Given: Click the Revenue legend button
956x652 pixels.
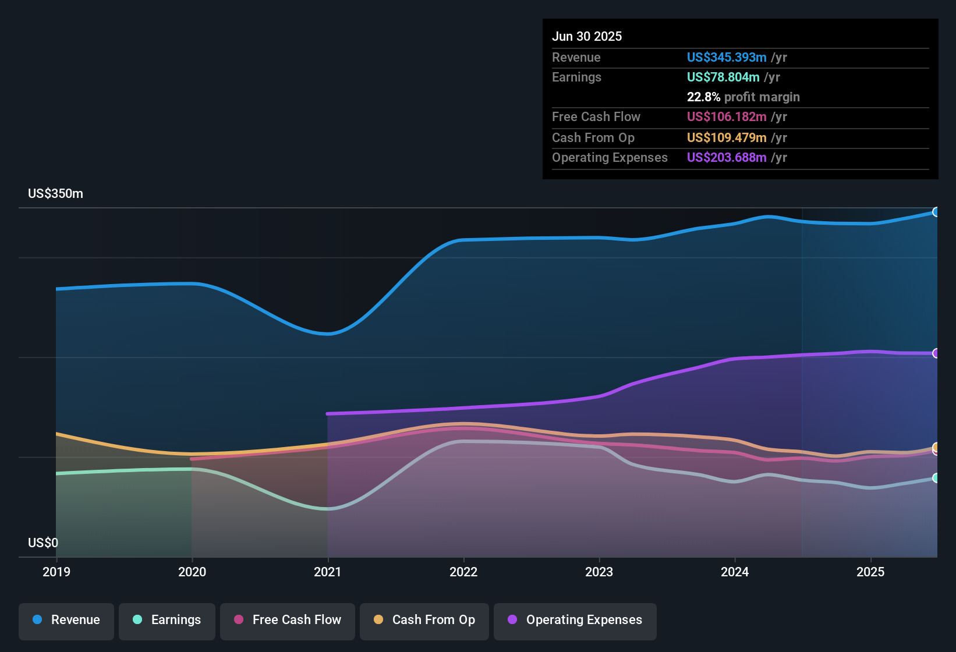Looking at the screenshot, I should click(66, 620).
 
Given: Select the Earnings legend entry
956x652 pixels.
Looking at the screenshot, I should click(167, 620).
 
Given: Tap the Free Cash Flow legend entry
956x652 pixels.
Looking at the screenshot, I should click(288, 620).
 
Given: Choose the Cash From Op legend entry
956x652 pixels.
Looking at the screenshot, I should click(424, 620).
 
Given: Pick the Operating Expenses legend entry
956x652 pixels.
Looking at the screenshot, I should click(575, 620).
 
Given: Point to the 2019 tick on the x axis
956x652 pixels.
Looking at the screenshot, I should click(56, 572).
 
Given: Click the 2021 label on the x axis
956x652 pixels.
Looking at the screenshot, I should click(328, 572).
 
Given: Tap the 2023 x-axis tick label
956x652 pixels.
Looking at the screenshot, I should click(599, 572).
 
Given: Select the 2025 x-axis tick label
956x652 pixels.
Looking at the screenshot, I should click(870, 572).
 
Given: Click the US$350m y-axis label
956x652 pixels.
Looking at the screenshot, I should click(56, 194).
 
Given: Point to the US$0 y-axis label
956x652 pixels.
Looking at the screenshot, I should click(43, 543).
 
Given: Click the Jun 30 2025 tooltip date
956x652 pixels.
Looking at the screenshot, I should click(587, 37).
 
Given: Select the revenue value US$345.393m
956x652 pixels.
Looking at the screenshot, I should click(727, 58).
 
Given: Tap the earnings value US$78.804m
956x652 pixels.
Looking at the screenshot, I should click(723, 77).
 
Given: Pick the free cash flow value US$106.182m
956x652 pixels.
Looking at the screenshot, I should click(727, 117).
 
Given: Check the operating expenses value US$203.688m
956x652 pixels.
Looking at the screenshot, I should click(727, 158).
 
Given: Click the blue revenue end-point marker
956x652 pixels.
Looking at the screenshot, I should click(936, 212).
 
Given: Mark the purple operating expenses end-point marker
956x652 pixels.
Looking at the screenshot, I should click(936, 353).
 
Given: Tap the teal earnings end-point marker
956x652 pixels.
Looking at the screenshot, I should click(936, 478).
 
